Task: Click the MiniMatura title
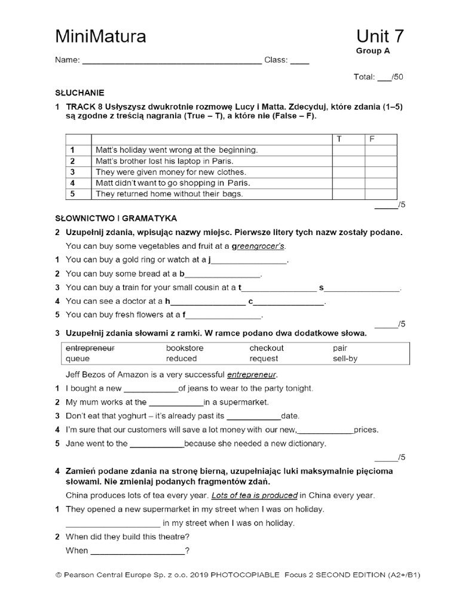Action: coord(100,37)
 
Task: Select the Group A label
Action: coord(373,51)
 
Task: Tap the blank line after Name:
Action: coord(172,61)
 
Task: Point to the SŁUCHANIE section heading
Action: coord(79,92)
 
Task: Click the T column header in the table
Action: coord(339,139)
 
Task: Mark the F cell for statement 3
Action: coord(380,172)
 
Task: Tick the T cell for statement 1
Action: coord(348,150)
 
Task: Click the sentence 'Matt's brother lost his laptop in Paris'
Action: coord(164,161)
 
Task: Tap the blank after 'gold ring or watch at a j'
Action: coord(250,260)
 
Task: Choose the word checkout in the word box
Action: coord(267,348)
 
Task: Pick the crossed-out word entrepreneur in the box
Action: coord(90,348)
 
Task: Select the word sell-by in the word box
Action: coord(345,359)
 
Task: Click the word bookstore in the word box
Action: coord(185,348)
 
